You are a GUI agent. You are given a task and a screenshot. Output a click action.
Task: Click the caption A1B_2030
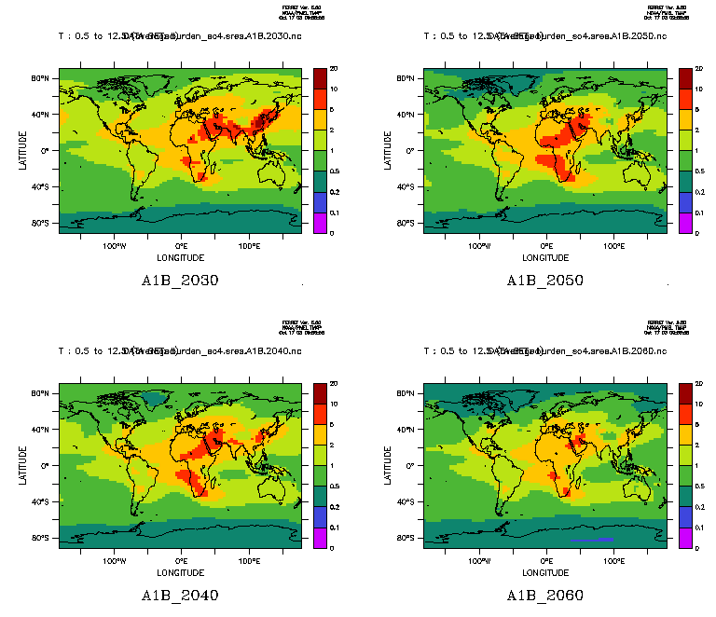click(180, 281)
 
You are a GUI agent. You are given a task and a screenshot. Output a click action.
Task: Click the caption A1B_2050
click(545, 281)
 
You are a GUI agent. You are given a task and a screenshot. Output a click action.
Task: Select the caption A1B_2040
click(180, 596)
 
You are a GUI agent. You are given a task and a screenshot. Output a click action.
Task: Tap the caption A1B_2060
click(545, 596)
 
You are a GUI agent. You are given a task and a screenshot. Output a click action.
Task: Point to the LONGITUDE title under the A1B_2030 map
click(180, 257)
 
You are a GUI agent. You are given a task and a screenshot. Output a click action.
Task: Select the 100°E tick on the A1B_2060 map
click(614, 562)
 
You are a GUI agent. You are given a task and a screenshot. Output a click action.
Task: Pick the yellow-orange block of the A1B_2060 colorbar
click(684, 433)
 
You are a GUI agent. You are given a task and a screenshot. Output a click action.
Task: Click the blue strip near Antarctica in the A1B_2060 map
click(591, 540)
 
